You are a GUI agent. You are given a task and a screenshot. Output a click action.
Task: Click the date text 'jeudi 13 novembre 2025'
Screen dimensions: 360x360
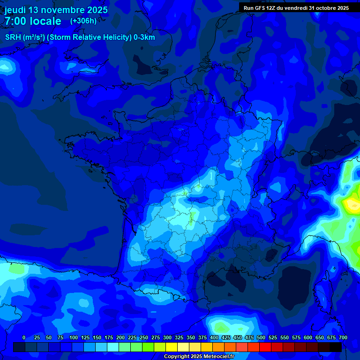[56, 10]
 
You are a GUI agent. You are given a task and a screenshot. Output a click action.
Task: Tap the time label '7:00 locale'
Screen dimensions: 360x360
[33, 21]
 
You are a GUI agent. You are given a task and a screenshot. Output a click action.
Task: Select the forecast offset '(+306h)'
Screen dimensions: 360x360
[83, 21]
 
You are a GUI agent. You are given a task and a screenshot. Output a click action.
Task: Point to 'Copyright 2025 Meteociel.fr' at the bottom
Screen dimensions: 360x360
[199, 356]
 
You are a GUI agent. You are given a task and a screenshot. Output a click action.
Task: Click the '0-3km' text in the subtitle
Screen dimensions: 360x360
[144, 37]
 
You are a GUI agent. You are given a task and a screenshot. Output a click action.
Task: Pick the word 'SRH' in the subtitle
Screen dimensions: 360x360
[13, 37]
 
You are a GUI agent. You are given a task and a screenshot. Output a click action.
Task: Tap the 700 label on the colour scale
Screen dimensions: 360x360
[343, 337]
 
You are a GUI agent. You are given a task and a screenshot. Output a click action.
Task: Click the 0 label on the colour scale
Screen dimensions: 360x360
[23, 337]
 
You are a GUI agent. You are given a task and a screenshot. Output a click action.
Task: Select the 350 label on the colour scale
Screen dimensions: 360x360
[191, 337]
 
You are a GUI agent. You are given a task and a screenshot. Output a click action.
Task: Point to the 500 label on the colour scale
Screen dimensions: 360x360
[261, 337]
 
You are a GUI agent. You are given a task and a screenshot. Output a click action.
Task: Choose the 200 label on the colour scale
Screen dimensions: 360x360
[120, 337]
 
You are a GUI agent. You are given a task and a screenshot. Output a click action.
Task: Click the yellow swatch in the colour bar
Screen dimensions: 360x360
[172, 347]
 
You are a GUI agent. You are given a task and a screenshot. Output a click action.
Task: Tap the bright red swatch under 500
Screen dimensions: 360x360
[265, 347]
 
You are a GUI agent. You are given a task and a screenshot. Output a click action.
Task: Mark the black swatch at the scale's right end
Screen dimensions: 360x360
[336, 347]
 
